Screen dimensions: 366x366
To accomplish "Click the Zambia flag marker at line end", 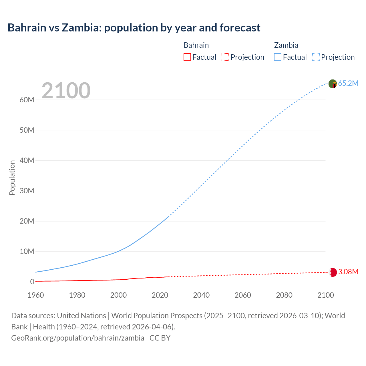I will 333,84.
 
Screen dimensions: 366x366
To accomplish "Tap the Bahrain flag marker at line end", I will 333,272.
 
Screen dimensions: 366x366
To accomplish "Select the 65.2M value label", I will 348,83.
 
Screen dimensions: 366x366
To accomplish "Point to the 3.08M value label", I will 348,272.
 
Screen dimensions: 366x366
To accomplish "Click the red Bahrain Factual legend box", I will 187,57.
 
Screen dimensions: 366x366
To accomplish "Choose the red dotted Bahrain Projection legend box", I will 225,57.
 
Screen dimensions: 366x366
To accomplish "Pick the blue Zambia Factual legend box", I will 277,57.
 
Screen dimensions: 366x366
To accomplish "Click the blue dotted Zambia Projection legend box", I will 316,57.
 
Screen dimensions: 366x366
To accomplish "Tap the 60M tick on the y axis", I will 27,100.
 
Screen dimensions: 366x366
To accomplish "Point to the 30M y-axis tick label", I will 27,191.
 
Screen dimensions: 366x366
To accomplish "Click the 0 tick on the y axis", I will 32,282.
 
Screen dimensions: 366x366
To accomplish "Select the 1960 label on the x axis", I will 36,295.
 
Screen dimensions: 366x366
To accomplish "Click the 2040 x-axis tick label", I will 201,295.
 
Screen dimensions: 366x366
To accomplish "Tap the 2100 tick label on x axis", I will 325,295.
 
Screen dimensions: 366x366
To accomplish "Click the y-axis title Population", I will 12,178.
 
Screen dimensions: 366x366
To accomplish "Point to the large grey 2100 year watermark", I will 66,91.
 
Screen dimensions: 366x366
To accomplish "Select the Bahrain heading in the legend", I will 196,45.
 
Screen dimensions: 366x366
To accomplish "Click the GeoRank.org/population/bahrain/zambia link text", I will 78,338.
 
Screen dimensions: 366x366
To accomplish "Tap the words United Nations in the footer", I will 81,315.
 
